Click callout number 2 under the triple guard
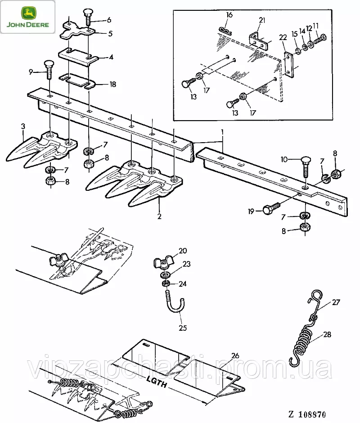pos(159,216)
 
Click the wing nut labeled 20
pos(162,261)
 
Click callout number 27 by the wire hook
pos(336,302)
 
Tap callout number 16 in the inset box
pos(229,15)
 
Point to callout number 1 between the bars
pos(221,131)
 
